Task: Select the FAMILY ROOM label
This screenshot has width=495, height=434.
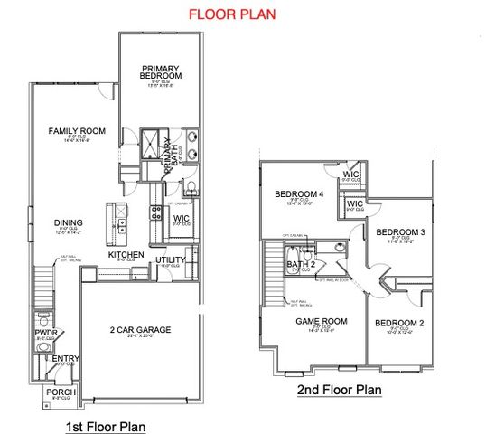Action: click(78, 131)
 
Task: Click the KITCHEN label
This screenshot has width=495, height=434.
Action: click(126, 256)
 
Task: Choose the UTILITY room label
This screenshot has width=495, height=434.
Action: click(170, 260)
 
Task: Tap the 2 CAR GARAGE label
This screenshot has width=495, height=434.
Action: click(141, 329)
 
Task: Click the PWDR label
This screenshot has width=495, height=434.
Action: click(46, 333)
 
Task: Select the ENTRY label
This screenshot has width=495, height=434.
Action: click(65, 358)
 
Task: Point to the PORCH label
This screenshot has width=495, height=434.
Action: click(61, 392)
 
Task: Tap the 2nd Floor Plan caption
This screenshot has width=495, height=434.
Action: click(340, 391)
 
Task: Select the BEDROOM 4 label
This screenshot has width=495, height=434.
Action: click(299, 194)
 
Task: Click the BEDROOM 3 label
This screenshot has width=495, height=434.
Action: click(400, 231)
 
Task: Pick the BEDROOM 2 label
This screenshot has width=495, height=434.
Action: click(399, 323)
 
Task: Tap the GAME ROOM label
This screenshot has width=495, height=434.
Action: click(322, 321)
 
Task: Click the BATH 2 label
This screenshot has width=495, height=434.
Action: click(300, 264)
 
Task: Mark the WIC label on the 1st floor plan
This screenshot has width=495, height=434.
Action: click(181, 218)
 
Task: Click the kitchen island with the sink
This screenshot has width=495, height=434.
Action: click(118, 221)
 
